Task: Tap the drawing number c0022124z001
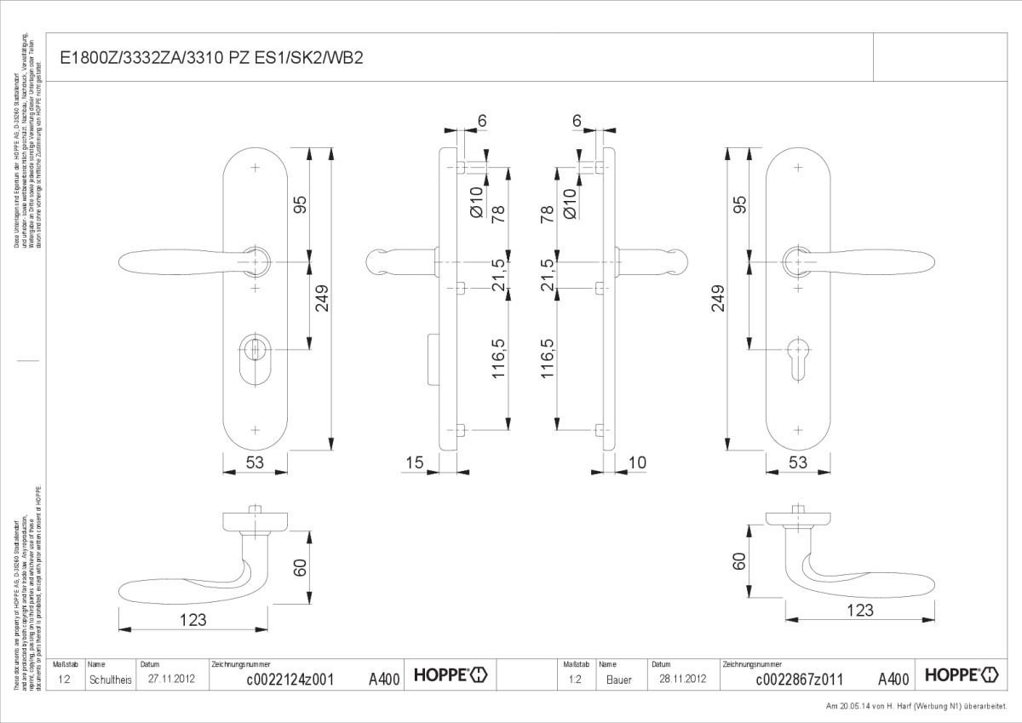(x=290, y=679)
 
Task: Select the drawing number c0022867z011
(x=799, y=679)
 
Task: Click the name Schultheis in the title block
(x=111, y=680)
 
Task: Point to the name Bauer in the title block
(x=619, y=680)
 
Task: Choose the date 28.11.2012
(x=681, y=679)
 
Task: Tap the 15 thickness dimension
(x=415, y=462)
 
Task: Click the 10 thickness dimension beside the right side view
(x=636, y=462)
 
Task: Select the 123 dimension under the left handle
(x=192, y=620)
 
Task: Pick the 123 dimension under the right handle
(x=860, y=610)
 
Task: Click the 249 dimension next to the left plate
(x=322, y=299)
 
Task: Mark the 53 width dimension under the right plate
(x=798, y=462)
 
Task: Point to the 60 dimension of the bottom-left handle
(x=299, y=568)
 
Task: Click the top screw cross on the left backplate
(x=255, y=167)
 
